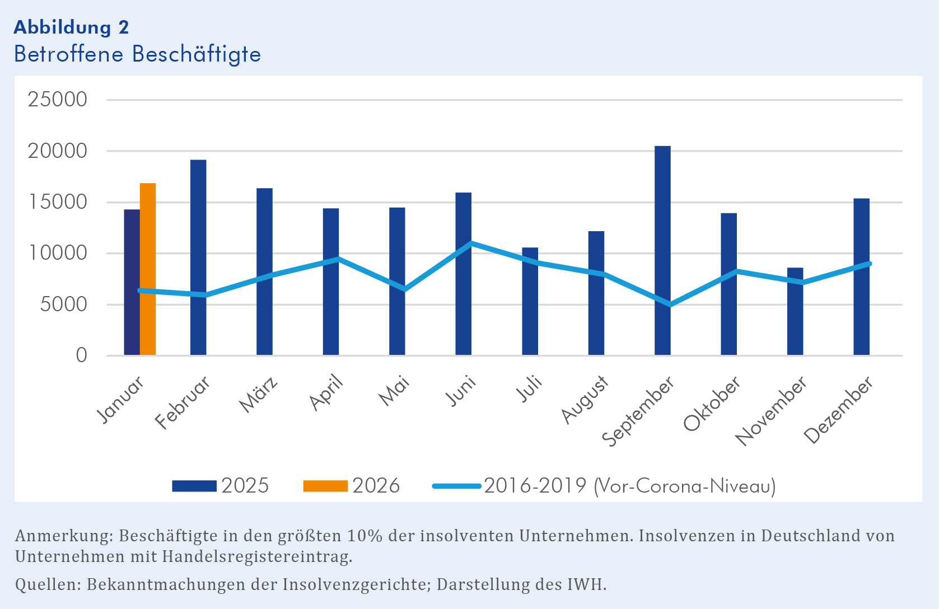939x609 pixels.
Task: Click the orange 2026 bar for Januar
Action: pyautogui.click(x=148, y=269)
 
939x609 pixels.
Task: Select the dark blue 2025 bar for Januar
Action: pyautogui.click(x=132, y=282)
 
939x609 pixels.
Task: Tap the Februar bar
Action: pyautogui.click(x=198, y=257)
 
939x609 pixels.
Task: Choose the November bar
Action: pyautogui.click(x=795, y=311)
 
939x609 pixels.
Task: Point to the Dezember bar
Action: pyautogui.click(x=861, y=277)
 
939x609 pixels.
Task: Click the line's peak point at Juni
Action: pyautogui.click(x=471, y=243)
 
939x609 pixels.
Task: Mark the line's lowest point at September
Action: pyautogui.click(x=670, y=305)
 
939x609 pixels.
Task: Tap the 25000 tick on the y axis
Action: pyautogui.click(x=58, y=100)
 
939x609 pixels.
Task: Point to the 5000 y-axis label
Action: pyautogui.click(x=58, y=304)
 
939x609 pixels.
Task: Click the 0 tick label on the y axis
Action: pyautogui.click(x=82, y=355)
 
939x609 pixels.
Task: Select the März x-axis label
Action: pyautogui.click(x=259, y=395)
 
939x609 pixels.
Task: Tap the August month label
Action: pyautogui.click(x=585, y=400)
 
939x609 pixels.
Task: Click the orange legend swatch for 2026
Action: pyautogui.click(x=325, y=486)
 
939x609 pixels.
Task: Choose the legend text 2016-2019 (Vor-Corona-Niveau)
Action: pyautogui.click(x=629, y=486)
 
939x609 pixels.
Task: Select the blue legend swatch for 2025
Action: pyautogui.click(x=194, y=486)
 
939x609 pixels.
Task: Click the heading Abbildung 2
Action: pyautogui.click(x=71, y=27)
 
